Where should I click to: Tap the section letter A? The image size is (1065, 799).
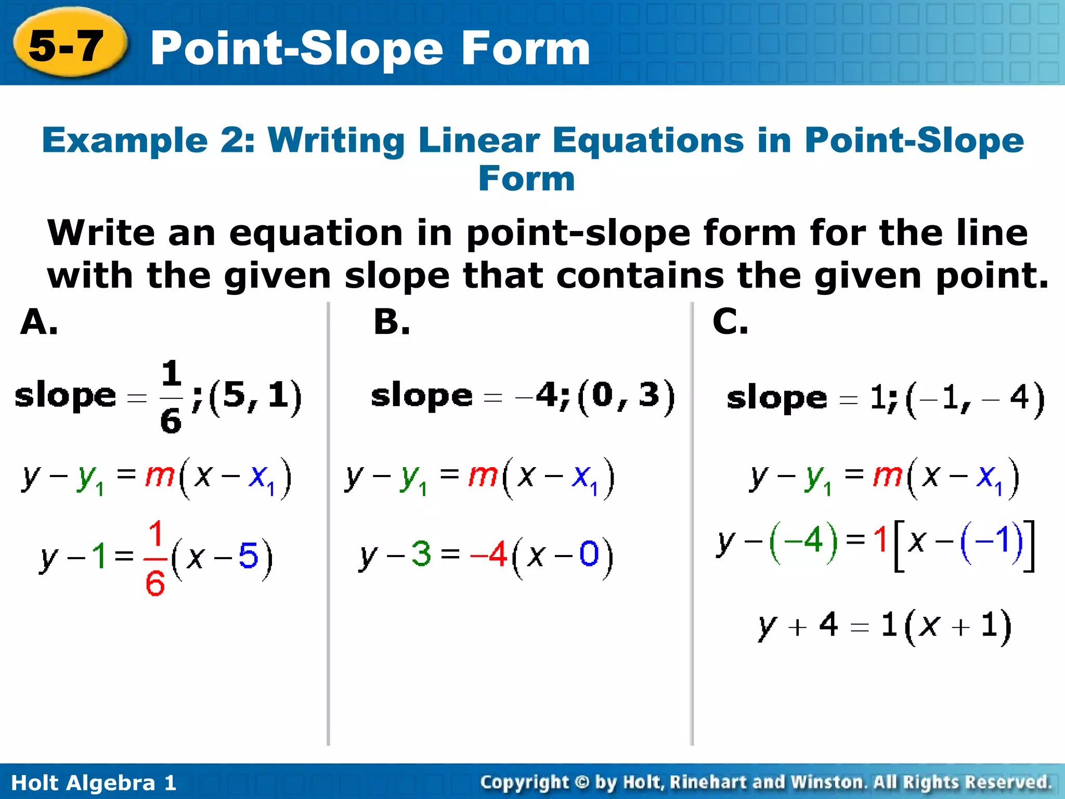[39, 322]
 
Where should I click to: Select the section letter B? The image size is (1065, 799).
[392, 322]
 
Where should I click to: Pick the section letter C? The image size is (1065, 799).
[730, 322]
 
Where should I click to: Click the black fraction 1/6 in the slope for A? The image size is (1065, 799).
[171, 396]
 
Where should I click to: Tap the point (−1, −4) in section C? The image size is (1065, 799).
[975, 398]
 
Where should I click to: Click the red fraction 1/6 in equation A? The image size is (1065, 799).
[155, 558]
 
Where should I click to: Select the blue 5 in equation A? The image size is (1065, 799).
[248, 556]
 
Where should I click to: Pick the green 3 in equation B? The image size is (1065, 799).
[421, 553]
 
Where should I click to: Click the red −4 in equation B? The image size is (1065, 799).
[488, 553]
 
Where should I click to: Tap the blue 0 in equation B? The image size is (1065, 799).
[589, 553]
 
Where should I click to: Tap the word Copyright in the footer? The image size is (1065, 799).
[524, 782]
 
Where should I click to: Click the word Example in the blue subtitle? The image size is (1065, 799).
[125, 140]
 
